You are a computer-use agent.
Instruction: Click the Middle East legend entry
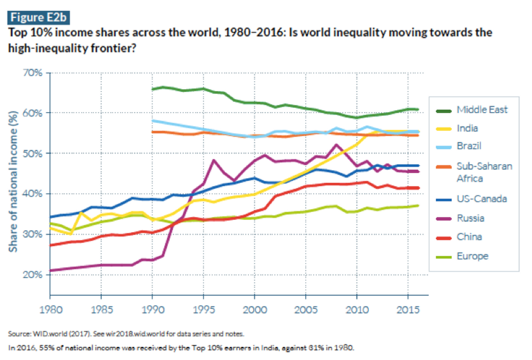pyautogui.click(x=482, y=110)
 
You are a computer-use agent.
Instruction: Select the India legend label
pyautogui.click(x=467, y=128)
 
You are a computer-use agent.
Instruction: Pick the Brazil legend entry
pyautogui.click(x=469, y=146)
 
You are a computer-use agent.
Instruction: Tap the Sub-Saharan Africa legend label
pyautogui.click(x=484, y=172)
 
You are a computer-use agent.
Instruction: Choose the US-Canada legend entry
pyautogui.click(x=482, y=198)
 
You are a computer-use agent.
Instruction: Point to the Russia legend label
pyautogui.click(x=470, y=217)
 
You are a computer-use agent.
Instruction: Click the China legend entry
pyautogui.click(x=469, y=237)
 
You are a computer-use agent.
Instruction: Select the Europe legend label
pyautogui.click(x=472, y=256)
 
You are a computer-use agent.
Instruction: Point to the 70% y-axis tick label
pyautogui.click(x=32, y=74)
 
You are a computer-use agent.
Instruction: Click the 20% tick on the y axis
pyautogui.click(x=32, y=275)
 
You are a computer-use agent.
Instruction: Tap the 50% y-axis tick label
pyautogui.click(x=32, y=154)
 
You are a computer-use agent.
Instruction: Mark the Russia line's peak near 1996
pyautogui.click(x=214, y=160)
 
